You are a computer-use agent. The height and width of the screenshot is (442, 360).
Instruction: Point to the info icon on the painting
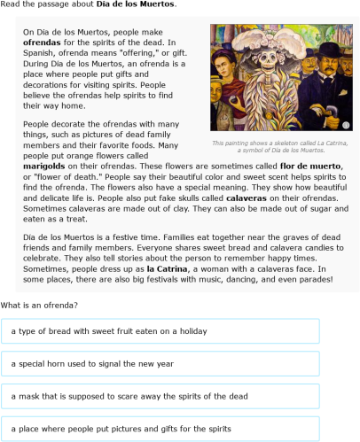344,122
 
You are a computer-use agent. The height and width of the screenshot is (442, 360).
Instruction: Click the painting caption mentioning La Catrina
279,147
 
